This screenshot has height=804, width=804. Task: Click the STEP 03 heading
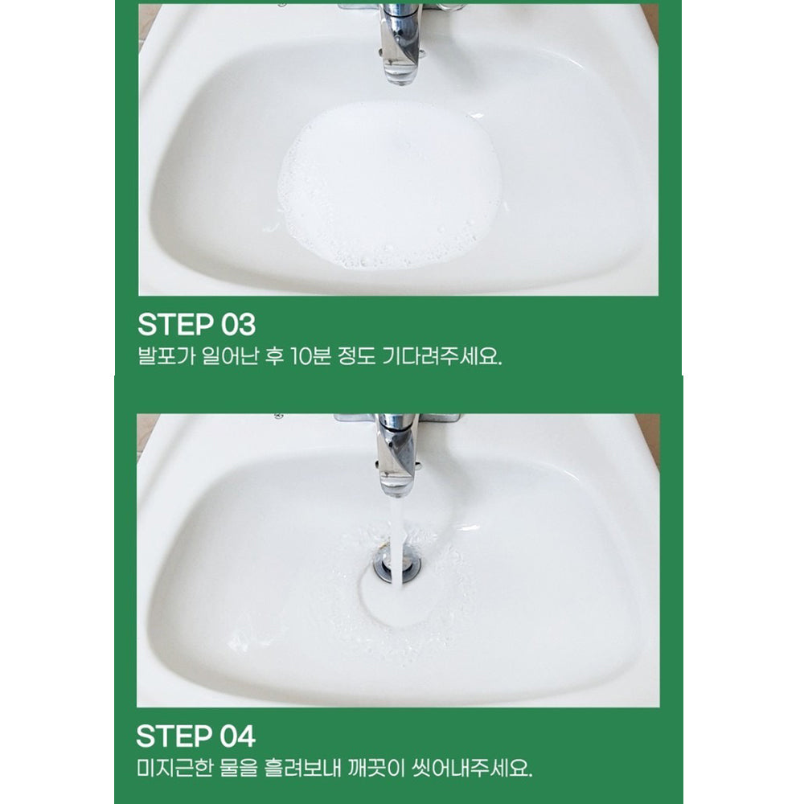[x=196, y=325]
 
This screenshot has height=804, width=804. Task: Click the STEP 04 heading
[x=195, y=736]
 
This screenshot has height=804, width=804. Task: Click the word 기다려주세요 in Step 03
[x=442, y=356]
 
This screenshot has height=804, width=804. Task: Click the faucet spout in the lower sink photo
[x=396, y=457]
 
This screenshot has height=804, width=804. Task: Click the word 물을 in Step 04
[x=238, y=768]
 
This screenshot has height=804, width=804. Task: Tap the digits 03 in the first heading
[x=238, y=325]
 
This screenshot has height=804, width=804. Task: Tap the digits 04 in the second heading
[x=237, y=736]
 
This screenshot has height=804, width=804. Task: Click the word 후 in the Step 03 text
[x=274, y=356]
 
